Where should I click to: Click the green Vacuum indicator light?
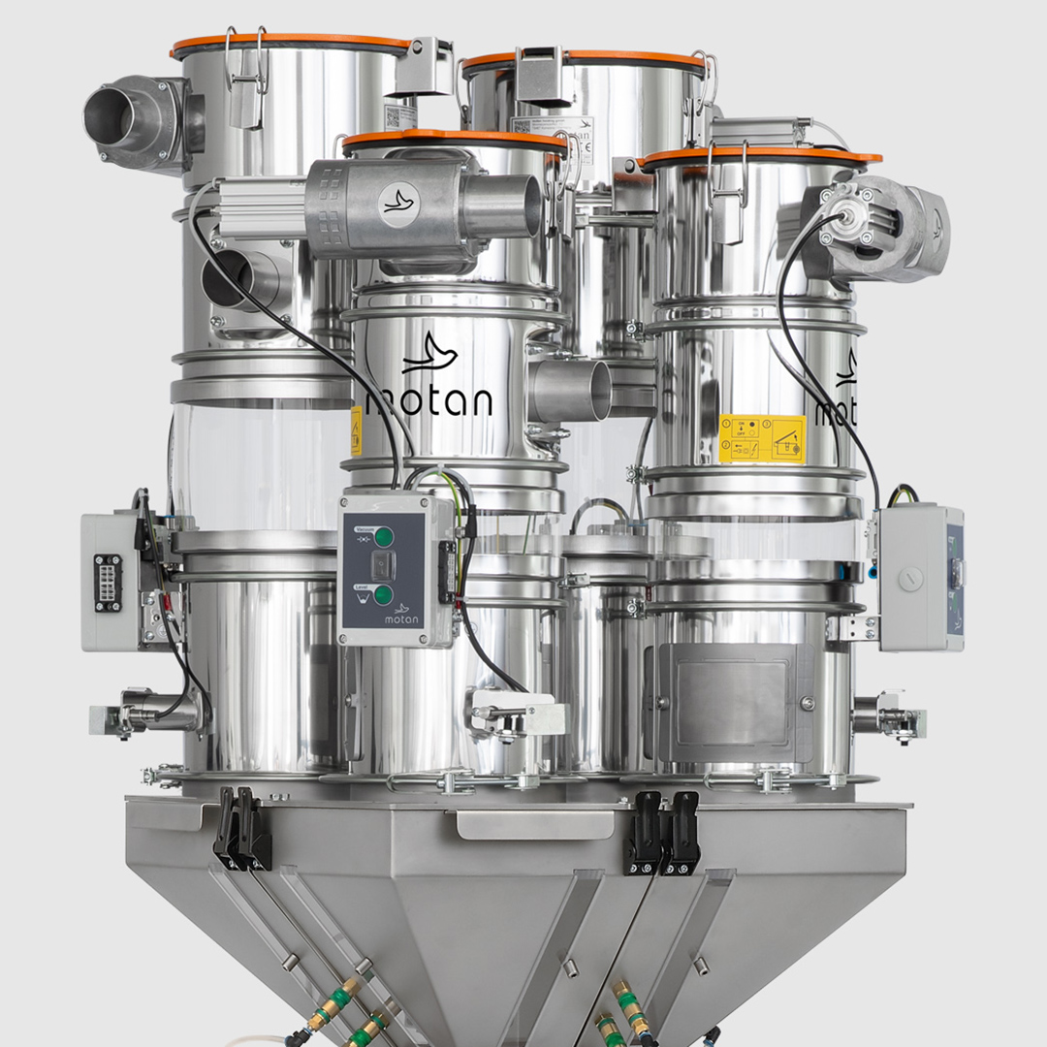[385, 536]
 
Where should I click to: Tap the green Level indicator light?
[385, 594]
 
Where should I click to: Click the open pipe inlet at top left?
[109, 113]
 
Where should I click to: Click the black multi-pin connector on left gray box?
[109, 583]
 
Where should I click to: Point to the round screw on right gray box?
[907, 579]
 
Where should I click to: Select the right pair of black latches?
[664, 832]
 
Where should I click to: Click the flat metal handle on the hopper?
[535, 825]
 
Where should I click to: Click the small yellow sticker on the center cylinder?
[356, 430]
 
